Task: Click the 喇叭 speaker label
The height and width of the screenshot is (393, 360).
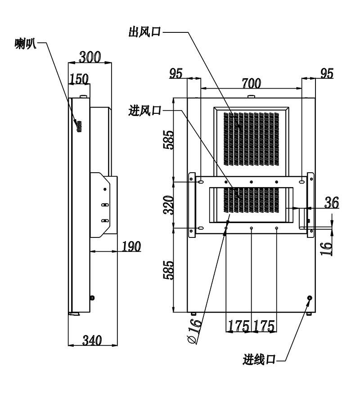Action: click(x=26, y=44)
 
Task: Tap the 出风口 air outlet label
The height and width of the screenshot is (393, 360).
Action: click(x=144, y=32)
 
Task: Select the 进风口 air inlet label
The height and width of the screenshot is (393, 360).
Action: click(x=144, y=110)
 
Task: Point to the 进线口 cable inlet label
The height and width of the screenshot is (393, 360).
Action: click(x=259, y=359)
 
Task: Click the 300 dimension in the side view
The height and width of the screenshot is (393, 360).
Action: click(x=90, y=57)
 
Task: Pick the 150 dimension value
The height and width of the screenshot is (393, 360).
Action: click(x=79, y=79)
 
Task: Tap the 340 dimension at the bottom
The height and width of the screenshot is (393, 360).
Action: click(x=92, y=341)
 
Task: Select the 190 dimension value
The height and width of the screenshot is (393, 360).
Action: click(x=131, y=246)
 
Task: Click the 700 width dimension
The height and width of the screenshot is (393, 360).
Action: click(x=251, y=84)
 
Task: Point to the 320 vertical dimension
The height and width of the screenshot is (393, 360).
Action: click(x=168, y=205)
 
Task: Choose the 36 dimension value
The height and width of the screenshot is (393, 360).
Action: click(x=332, y=202)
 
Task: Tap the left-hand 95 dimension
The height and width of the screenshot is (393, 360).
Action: click(x=175, y=73)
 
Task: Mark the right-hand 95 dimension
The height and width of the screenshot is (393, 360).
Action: click(x=327, y=73)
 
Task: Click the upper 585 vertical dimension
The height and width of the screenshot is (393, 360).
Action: click(x=168, y=139)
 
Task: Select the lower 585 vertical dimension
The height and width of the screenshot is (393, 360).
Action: click(x=168, y=270)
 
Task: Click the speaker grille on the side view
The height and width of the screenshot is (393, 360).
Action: click(x=79, y=126)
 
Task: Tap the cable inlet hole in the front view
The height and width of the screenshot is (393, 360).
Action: click(x=310, y=298)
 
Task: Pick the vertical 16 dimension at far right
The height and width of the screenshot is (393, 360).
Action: click(x=327, y=248)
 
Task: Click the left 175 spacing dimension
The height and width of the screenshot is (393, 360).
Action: click(x=238, y=326)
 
